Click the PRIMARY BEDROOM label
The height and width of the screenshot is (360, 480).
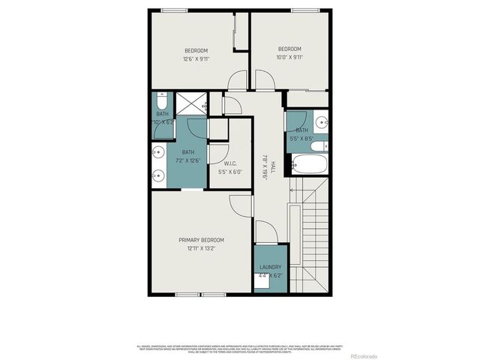pyautogui.click(x=201, y=240)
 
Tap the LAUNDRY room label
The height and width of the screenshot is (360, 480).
pyautogui.click(x=271, y=267)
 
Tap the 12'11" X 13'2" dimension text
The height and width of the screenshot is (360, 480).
pyautogui.click(x=201, y=249)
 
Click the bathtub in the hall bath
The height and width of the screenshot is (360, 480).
pyautogui.click(x=310, y=163)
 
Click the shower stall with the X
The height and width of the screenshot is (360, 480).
pyautogui.click(x=190, y=104)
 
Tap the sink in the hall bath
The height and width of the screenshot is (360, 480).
pyautogui.click(x=321, y=121)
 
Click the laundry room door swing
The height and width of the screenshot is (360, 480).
pyautogui.click(x=266, y=232)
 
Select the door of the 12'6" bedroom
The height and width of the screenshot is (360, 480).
pyautogui.click(x=237, y=79)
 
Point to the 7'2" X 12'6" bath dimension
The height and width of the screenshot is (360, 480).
pyautogui.click(x=187, y=160)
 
